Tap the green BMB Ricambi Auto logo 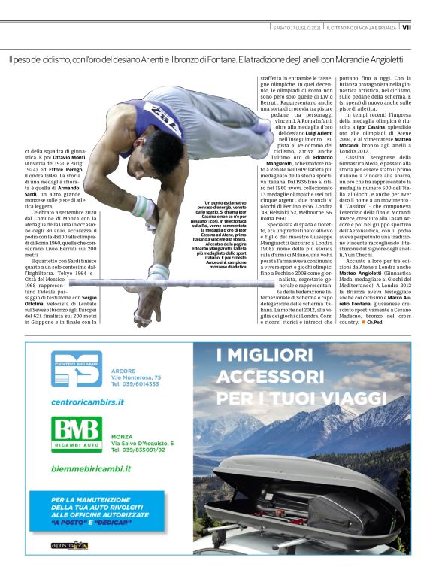74,434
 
